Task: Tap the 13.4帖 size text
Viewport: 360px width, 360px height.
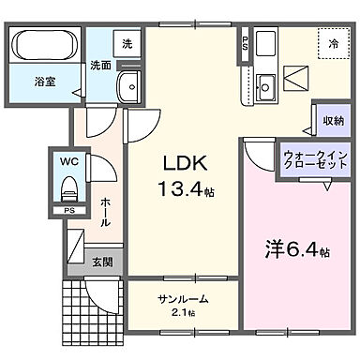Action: click(186, 191)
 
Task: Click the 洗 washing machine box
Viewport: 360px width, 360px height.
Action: click(126, 43)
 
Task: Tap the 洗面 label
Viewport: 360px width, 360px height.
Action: click(100, 67)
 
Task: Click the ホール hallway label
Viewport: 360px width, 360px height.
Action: click(106, 215)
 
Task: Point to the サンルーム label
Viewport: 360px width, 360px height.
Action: click(183, 299)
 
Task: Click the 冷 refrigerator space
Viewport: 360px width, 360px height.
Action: click(332, 43)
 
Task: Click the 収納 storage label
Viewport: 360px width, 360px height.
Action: click(333, 120)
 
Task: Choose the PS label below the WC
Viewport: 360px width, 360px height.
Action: click(68, 212)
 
